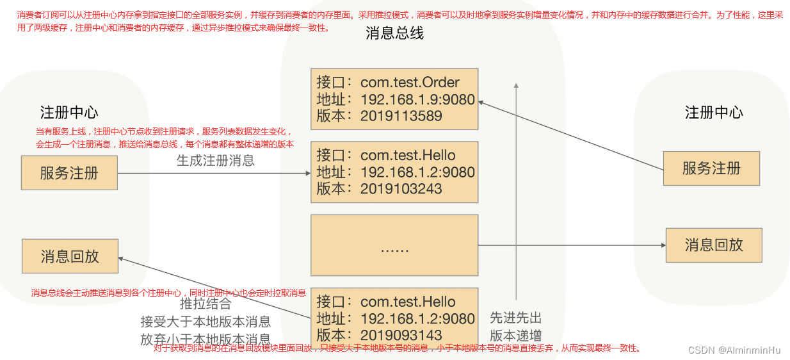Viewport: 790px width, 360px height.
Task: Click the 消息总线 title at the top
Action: [394, 33]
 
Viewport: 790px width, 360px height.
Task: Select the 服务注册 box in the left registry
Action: [69, 173]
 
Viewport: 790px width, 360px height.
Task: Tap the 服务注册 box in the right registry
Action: [711, 168]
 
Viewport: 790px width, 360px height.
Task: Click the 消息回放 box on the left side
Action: [70, 257]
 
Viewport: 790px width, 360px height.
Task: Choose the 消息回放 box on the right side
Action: [714, 245]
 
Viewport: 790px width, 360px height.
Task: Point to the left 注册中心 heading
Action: [69, 113]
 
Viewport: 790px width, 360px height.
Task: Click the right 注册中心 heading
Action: [714, 113]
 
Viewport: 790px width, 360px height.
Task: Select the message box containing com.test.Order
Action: [394, 99]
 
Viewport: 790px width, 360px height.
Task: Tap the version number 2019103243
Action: [401, 189]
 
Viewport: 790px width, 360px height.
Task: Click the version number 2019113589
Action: [401, 117]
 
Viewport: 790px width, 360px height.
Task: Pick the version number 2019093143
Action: [401, 336]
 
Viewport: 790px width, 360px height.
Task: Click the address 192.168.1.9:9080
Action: [417, 99]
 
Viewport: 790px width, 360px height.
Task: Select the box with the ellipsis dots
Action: [394, 245]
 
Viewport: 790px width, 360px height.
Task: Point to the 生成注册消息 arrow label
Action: [216, 161]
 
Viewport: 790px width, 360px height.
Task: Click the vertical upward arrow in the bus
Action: [516, 192]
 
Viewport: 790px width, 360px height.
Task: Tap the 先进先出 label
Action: [516, 318]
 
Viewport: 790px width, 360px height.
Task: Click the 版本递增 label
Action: [516, 336]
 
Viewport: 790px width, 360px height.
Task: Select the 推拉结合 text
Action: [206, 304]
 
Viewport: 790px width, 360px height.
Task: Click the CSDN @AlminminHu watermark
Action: [734, 350]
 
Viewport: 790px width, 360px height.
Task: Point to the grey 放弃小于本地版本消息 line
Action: [206, 340]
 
